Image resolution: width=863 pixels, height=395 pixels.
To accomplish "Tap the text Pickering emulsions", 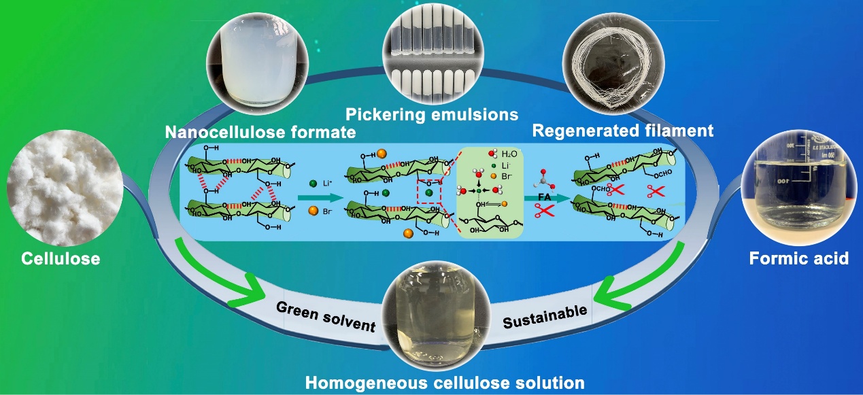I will pyautogui.click(x=432, y=114).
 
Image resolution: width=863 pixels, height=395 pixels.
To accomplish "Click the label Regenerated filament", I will pyautogui.click(x=623, y=130).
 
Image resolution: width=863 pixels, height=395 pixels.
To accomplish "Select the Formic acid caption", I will pyautogui.click(x=798, y=258).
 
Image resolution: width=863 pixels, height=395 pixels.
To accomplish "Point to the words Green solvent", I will pyautogui.click(x=326, y=316).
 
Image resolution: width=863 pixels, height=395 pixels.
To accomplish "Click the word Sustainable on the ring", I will pyautogui.click(x=545, y=317).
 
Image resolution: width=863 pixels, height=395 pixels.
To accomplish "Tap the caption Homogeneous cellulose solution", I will pyautogui.click(x=444, y=382).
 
